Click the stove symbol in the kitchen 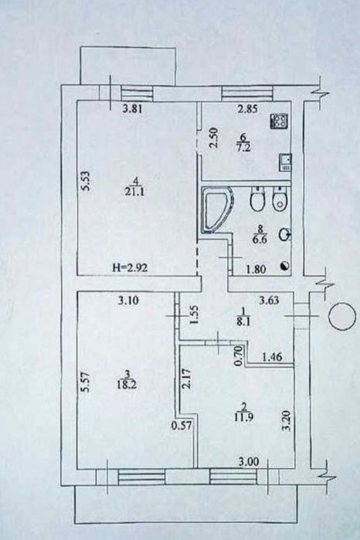click(280, 121)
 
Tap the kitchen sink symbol click(287, 162)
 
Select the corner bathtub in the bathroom click(216, 210)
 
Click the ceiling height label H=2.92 click(131, 267)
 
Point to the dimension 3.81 click(132, 109)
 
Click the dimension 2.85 click(248, 109)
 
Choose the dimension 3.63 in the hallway click(269, 301)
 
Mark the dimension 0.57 click(182, 426)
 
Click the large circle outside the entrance click(342, 317)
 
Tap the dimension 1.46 click(272, 357)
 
